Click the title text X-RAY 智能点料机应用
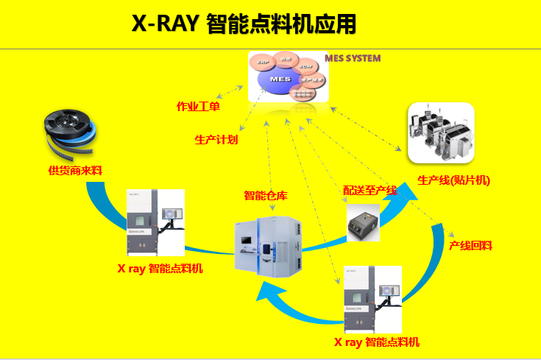[x=244, y=24]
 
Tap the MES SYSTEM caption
[x=353, y=58]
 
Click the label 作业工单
[x=198, y=107]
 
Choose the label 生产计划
[x=216, y=139]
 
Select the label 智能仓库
[x=265, y=196]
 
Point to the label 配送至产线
[x=370, y=191]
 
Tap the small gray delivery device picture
[x=363, y=222]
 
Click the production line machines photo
[x=440, y=133]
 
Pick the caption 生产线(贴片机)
[x=453, y=180]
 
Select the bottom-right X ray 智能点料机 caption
[x=377, y=342]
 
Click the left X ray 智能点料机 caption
[x=160, y=269]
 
